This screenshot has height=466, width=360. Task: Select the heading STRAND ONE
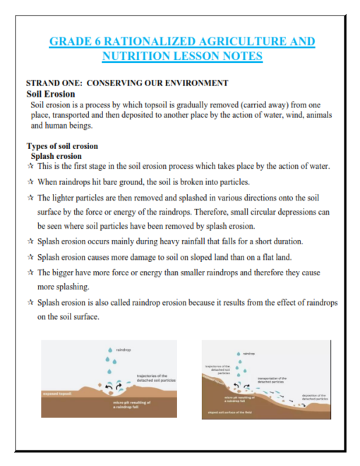coord(52,83)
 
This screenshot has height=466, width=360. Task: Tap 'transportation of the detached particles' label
coord(271,380)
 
